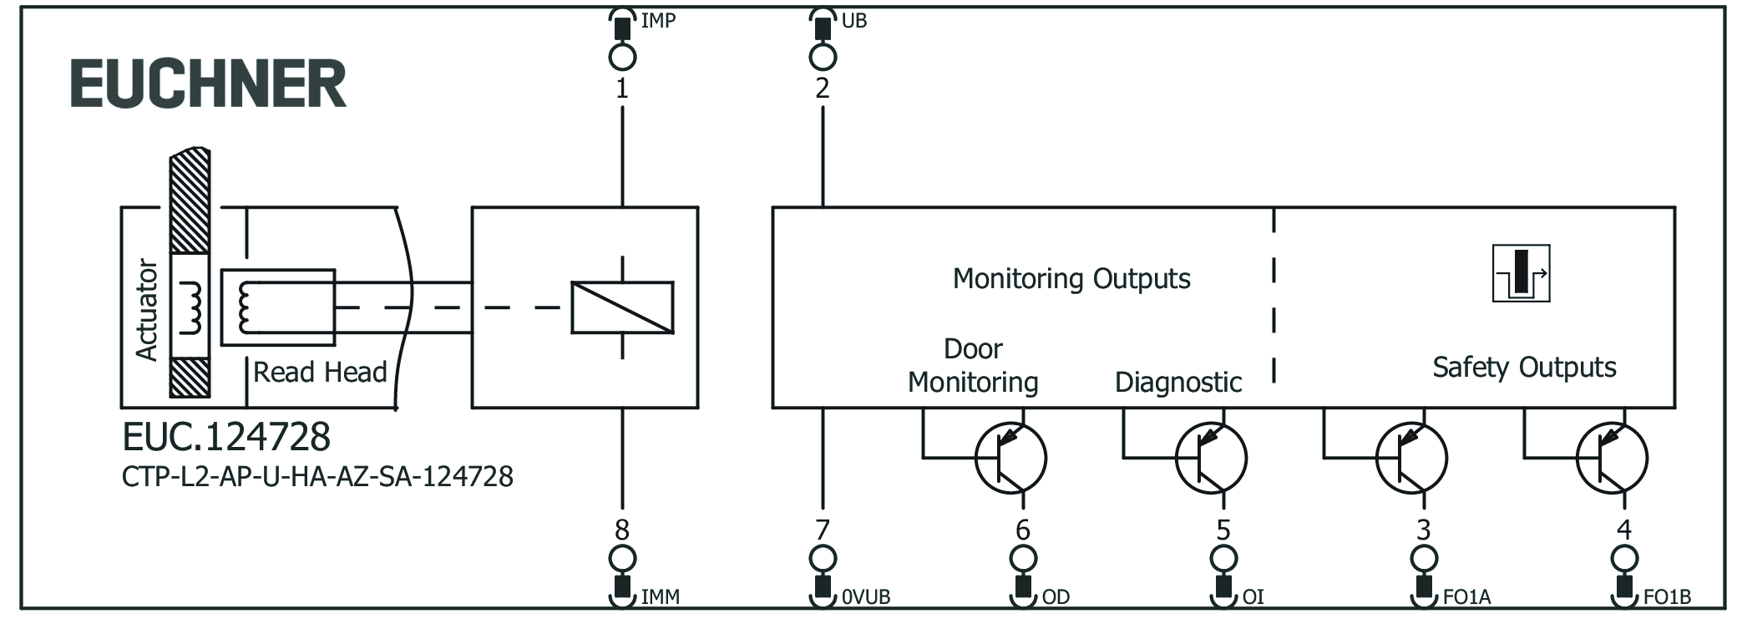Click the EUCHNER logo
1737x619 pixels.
(x=208, y=84)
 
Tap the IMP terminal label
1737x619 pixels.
(x=658, y=21)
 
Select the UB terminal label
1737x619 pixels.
(x=853, y=21)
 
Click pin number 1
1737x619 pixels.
(x=622, y=89)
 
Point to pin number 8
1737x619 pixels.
(x=622, y=530)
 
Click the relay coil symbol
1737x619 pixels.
(x=622, y=307)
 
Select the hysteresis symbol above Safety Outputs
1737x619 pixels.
(x=1521, y=273)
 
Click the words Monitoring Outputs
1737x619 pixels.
(x=1071, y=279)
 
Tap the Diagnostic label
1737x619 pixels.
(x=1177, y=383)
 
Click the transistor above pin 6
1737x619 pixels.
(x=1010, y=458)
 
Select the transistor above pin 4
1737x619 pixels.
(x=1612, y=458)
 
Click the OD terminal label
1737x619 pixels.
(x=1056, y=597)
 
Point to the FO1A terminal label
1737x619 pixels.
(x=1466, y=597)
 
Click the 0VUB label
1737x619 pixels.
(x=866, y=597)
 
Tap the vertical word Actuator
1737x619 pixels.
(x=147, y=309)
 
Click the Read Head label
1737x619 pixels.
(x=320, y=373)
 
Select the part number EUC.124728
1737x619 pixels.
(x=226, y=437)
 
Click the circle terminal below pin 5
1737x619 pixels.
(x=1223, y=558)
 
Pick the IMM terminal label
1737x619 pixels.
(x=660, y=597)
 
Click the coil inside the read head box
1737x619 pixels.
(x=244, y=307)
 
